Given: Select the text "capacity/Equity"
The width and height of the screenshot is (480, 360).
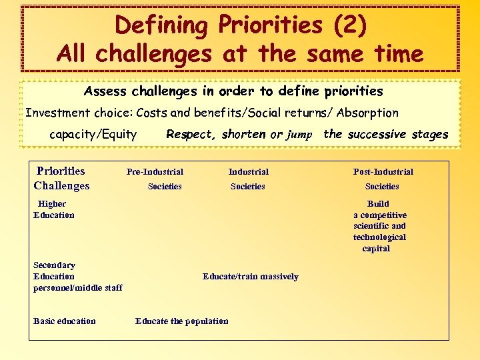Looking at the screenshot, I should [x=93, y=135].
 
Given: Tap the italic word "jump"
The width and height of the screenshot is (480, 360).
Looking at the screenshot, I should [x=299, y=135].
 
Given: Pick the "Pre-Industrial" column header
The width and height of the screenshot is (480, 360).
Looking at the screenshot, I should [x=155, y=172].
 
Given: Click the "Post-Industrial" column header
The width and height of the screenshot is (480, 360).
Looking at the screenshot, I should [x=383, y=172].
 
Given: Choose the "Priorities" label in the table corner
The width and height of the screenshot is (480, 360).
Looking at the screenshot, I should [x=61, y=171].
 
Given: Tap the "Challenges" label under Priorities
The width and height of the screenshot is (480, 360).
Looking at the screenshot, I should [x=61, y=186].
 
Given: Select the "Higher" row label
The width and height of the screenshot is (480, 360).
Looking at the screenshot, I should [x=52, y=204].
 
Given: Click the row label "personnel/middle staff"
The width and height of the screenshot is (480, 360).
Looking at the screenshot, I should [x=78, y=288].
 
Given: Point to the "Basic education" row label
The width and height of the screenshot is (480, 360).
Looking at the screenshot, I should [x=64, y=321].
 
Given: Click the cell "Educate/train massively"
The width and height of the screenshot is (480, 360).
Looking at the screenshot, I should [x=250, y=277].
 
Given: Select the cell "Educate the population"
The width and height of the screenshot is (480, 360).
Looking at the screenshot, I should [x=181, y=321].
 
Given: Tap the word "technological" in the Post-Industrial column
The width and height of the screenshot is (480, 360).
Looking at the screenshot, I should [x=379, y=237].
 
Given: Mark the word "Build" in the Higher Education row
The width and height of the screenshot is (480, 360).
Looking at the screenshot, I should [x=378, y=204].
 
